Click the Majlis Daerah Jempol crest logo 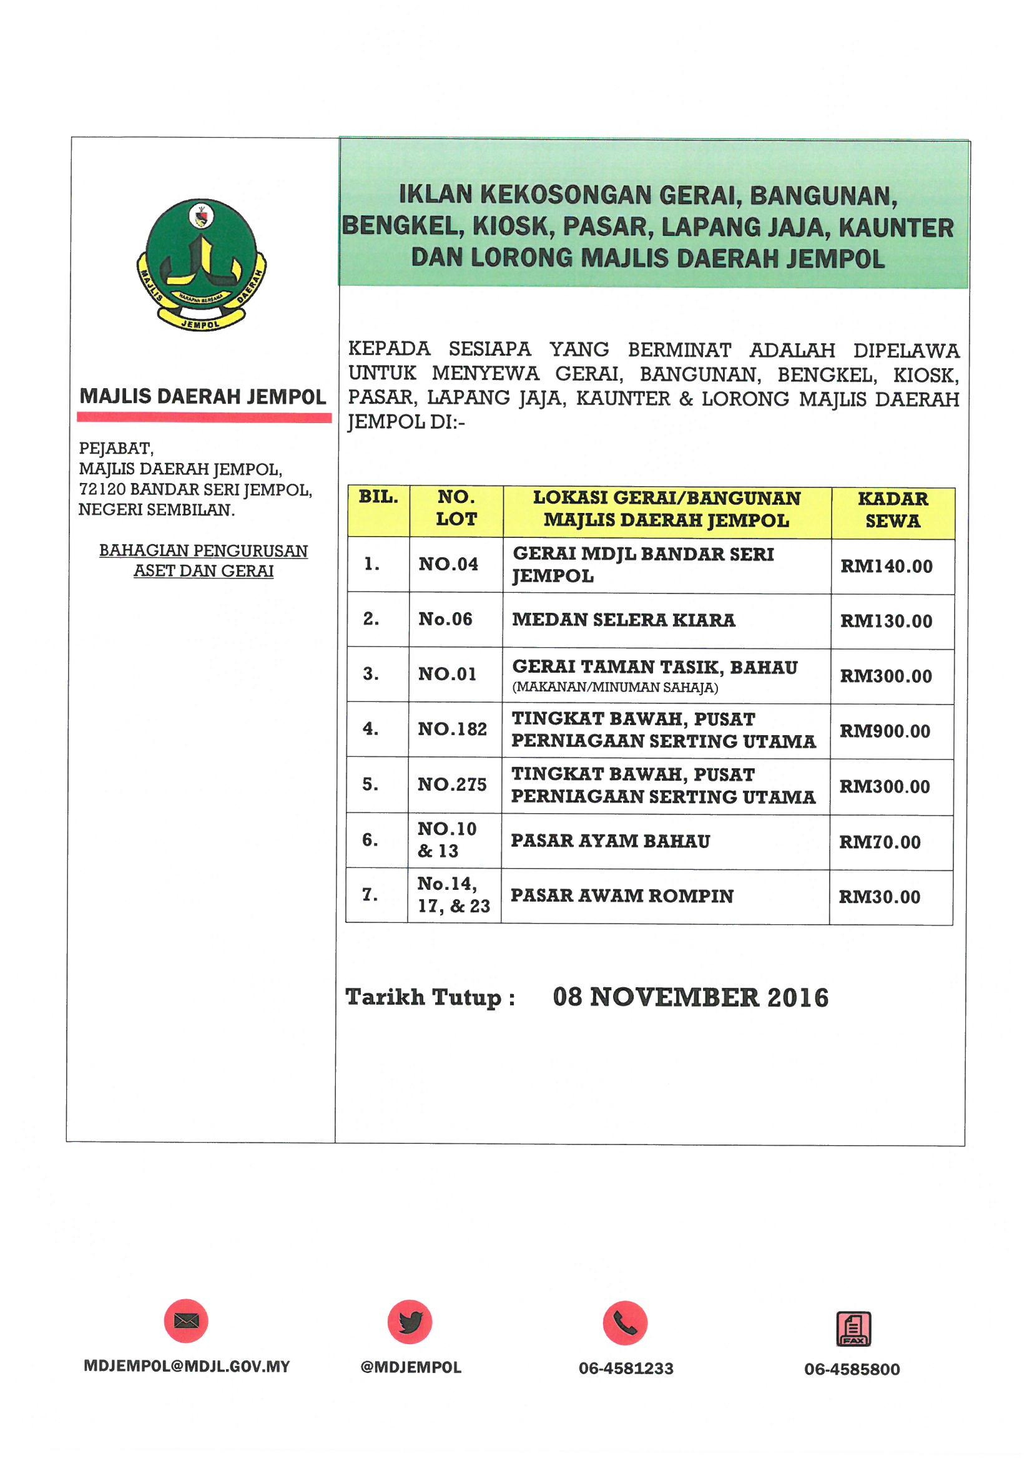(x=201, y=265)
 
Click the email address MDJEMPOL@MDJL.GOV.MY (x=186, y=1367)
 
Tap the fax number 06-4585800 (x=852, y=1369)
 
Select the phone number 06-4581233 (x=626, y=1369)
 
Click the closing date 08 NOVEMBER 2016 (x=690, y=997)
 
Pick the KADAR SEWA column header (x=893, y=510)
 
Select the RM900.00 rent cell (x=885, y=731)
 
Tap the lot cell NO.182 (x=452, y=729)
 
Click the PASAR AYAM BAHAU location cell (x=611, y=841)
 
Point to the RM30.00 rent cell (x=880, y=897)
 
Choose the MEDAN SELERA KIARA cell (x=624, y=620)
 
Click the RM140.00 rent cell (x=887, y=566)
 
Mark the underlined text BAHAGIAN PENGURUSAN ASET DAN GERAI (x=204, y=560)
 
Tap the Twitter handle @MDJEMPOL (x=411, y=1367)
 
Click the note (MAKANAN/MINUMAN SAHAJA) (x=615, y=688)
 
